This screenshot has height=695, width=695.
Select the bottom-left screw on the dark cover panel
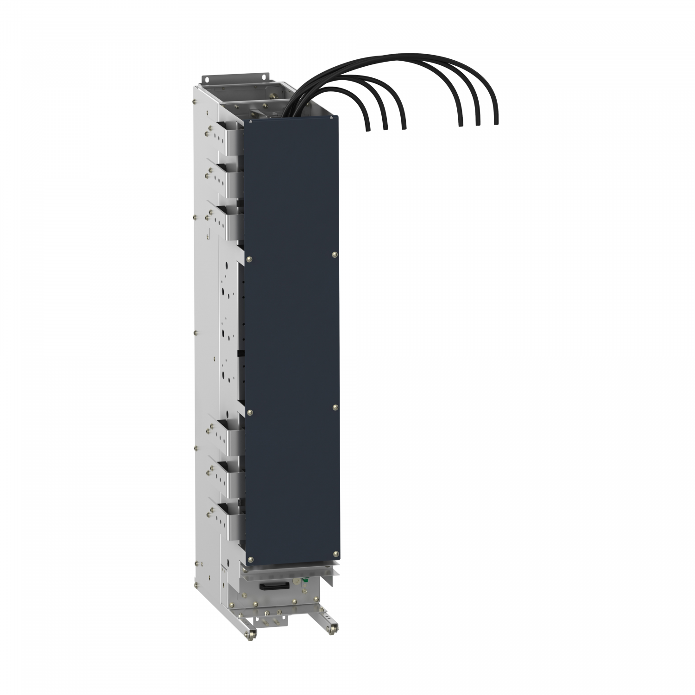click(251, 559)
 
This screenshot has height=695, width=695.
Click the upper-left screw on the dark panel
click(250, 259)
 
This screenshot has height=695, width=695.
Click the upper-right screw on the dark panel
click(335, 254)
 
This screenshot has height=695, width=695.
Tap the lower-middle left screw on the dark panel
click(250, 412)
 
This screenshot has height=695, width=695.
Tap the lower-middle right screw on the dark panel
click(335, 406)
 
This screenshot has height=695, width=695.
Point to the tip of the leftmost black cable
click(367, 130)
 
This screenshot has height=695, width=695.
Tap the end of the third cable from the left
click(404, 127)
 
